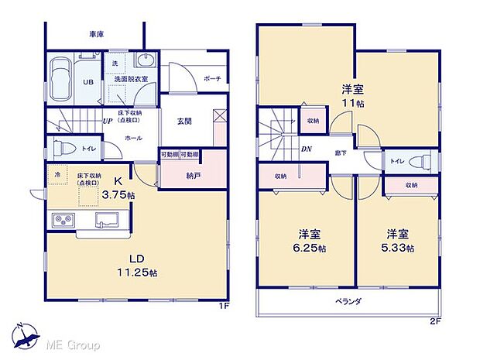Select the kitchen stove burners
click(62, 221)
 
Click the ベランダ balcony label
click(350, 300)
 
